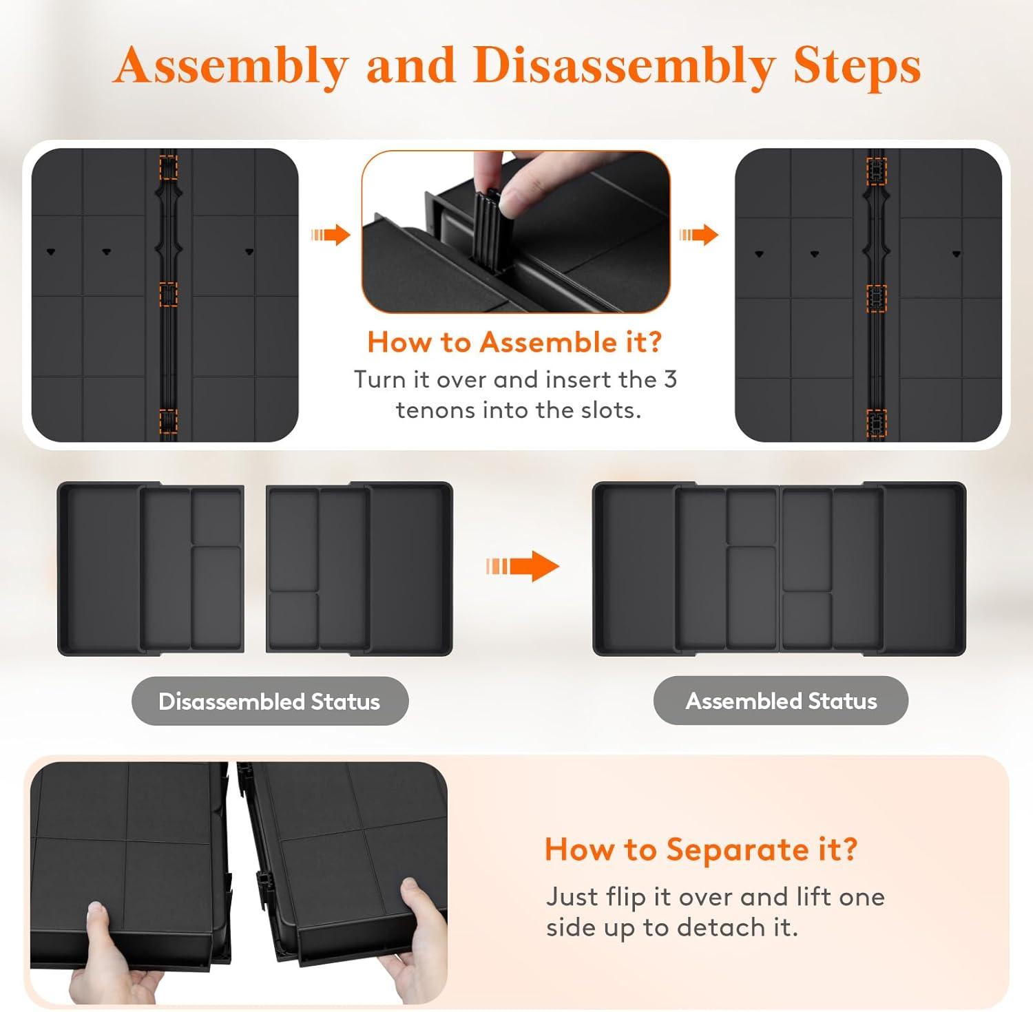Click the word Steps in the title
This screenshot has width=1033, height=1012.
[x=857, y=67]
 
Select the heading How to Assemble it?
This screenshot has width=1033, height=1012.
[x=514, y=341]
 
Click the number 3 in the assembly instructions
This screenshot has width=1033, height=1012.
[x=670, y=379]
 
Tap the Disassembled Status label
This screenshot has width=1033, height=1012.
[x=269, y=701]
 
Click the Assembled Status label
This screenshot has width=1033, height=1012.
[x=781, y=700]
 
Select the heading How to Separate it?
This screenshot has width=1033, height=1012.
[x=701, y=849]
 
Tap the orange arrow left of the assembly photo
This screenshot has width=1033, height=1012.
[x=331, y=235]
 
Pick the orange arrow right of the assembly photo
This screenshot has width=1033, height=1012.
[x=699, y=235]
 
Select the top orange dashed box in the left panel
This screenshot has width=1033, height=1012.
[x=169, y=167]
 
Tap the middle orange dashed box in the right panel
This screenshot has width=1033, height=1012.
[x=876, y=298]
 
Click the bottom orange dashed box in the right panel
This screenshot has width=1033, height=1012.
[x=876, y=423]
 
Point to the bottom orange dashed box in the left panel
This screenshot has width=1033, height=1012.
[x=169, y=421]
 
